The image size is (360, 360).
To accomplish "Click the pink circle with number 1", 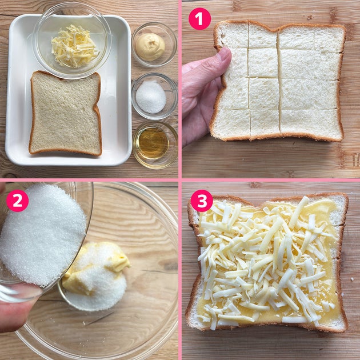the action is click(x=199, y=19).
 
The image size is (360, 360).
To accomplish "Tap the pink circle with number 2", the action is click(x=18, y=201).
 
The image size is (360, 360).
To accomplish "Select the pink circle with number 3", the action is click(x=202, y=201).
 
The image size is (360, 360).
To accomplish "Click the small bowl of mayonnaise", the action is click(x=154, y=45).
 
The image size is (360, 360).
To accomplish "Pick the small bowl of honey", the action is click(x=155, y=145).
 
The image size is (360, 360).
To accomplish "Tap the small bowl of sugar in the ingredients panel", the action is click(x=154, y=96).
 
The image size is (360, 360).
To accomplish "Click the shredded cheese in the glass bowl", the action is click(x=74, y=47).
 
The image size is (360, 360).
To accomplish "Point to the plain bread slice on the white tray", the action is click(x=66, y=113).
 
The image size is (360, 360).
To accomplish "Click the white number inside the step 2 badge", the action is click(x=18, y=201).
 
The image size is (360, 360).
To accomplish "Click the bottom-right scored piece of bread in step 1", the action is click(x=311, y=124).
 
